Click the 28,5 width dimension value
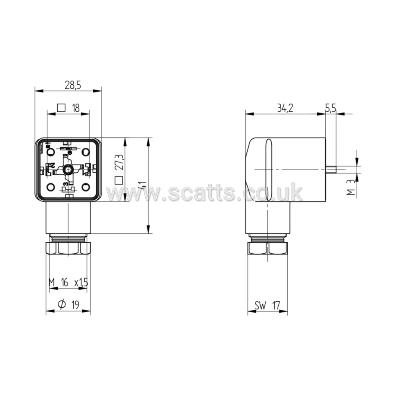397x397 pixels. tap(73, 85)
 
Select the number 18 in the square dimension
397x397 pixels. tap(75, 108)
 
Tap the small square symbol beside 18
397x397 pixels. tap(61, 108)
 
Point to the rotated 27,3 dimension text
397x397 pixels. tap(120, 162)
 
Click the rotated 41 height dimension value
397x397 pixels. tap(143, 185)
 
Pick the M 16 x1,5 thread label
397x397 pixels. tap(68, 282)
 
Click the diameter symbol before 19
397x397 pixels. tap(61, 304)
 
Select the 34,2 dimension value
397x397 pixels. tap(285, 108)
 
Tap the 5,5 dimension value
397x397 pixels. tap(330, 108)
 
